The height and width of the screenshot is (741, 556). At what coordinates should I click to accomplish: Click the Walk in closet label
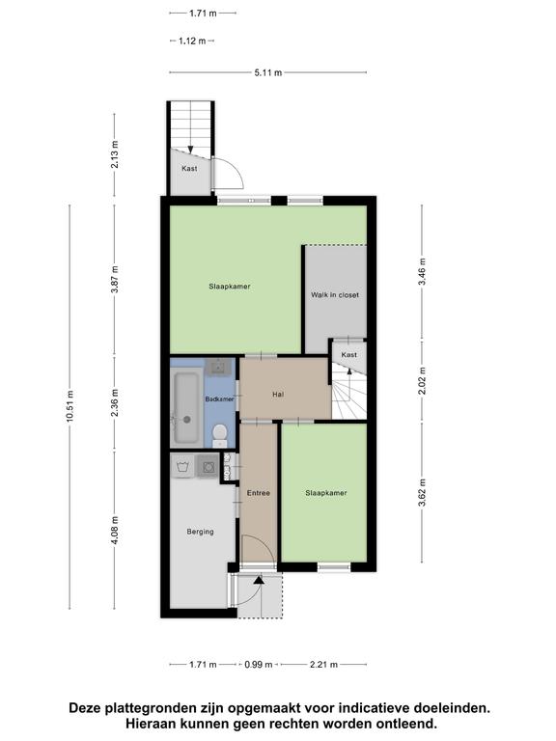pos(335,295)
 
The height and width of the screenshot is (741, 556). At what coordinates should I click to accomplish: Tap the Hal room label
pos(278,394)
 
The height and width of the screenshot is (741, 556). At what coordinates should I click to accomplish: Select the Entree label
pos(258,493)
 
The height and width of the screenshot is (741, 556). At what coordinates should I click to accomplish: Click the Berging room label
pos(200,532)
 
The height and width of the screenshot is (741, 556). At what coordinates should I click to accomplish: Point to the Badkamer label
pos(219,399)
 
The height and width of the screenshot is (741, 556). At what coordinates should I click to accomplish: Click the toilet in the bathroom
pos(219,435)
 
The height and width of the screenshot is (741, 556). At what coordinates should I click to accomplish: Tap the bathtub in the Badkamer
pos(185,408)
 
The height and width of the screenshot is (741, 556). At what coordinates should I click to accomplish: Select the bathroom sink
pos(218,367)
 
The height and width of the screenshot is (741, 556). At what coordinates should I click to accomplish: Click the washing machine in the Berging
pos(208,467)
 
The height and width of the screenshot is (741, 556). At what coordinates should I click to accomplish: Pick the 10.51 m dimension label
pos(69,406)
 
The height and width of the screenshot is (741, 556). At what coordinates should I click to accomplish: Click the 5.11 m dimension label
pos(268,72)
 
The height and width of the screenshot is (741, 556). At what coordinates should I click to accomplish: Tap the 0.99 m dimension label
pos(259,665)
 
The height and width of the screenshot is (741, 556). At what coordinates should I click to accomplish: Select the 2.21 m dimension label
pos(324,665)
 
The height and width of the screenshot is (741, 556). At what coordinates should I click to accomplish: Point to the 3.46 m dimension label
pos(422,271)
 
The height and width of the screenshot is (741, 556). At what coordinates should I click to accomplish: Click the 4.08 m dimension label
pos(115,531)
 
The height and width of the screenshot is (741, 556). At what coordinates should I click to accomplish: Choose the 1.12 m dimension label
pos(192,41)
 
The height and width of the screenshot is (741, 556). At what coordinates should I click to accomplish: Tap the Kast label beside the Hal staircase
pos(348,355)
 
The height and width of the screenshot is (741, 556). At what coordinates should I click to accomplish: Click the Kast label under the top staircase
pos(189,168)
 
